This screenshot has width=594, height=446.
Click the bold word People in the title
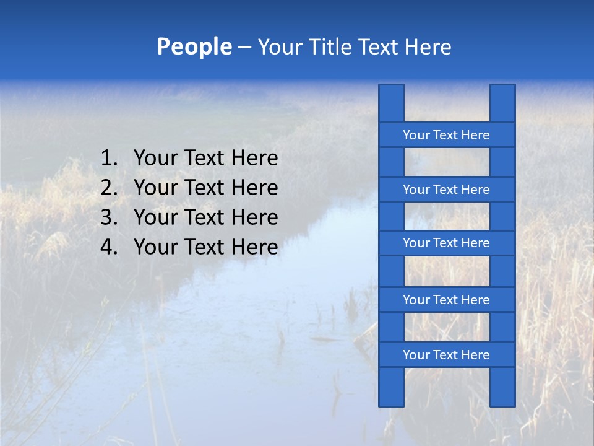(194, 47)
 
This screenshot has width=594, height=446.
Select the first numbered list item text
(205, 159)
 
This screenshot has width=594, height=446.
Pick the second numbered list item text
(205, 188)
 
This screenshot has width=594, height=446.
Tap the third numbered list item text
(205, 217)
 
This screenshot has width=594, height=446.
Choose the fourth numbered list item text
(205, 247)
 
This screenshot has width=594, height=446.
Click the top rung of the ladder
(446, 135)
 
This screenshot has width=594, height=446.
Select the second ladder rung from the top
(446, 190)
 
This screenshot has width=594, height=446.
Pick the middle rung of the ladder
(446, 243)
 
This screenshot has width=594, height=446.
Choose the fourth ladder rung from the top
(446, 300)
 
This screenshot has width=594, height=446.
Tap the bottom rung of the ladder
(446, 355)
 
